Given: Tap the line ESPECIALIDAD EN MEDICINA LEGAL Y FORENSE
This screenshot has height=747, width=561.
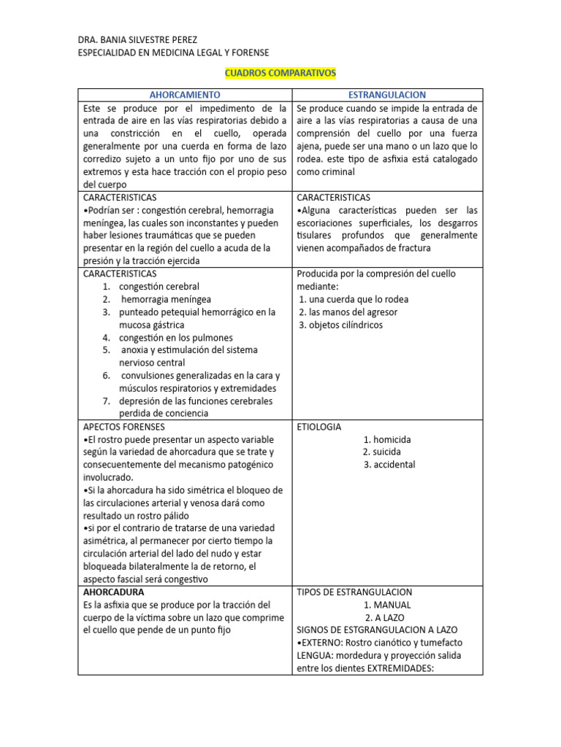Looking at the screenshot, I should click(173, 53).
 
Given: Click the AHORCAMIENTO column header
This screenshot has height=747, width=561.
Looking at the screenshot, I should click(184, 95).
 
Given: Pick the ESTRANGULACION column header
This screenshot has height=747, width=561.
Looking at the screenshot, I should click(387, 95).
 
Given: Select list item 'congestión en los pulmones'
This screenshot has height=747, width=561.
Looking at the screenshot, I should click(175, 338).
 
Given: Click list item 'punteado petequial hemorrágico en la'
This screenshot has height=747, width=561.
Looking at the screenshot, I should click(197, 312).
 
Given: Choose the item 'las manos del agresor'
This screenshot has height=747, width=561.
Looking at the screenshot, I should click(348, 312).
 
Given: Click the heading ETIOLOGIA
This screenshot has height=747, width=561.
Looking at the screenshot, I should click(319, 427).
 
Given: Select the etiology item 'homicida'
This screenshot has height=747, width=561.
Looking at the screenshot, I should click(387, 439).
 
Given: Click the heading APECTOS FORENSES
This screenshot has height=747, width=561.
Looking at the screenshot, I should click(124, 427).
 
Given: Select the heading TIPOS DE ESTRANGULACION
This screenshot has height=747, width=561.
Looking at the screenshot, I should click(355, 592).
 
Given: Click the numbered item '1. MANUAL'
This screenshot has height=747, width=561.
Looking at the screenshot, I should click(387, 605).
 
